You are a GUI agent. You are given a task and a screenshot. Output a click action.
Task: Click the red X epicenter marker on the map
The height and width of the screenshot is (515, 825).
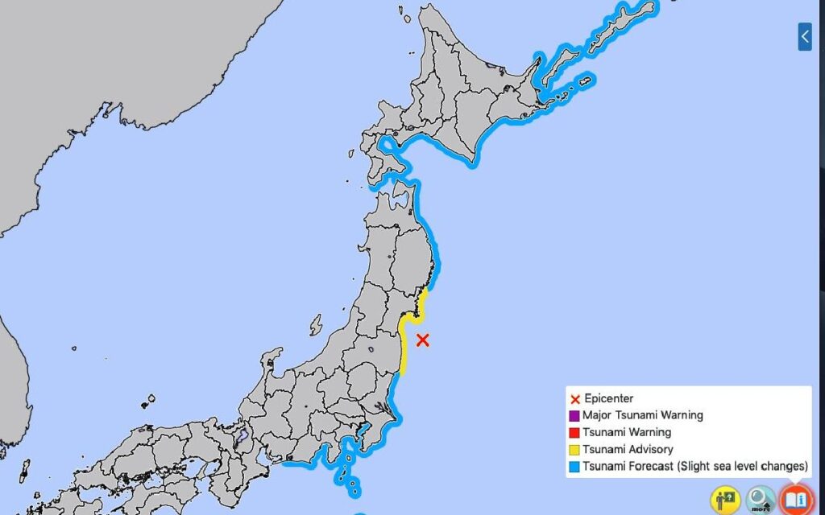tap(422, 340)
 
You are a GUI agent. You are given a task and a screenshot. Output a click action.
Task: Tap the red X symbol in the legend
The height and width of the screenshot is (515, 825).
tap(575, 399)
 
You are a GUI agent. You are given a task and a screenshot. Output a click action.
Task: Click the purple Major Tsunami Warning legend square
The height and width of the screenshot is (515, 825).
tap(575, 416)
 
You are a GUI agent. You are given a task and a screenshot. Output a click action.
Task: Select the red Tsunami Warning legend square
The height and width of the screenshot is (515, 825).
tap(575, 433)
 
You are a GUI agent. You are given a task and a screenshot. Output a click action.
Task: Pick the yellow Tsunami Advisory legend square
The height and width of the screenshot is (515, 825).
tap(575, 450)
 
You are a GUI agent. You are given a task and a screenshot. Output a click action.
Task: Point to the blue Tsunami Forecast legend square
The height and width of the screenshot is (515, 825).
tap(575, 467)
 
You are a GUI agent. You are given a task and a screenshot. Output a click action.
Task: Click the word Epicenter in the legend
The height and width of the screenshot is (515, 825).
tap(609, 398)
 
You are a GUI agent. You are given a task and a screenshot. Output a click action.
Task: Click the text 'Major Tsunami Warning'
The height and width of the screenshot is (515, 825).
tap(642, 415)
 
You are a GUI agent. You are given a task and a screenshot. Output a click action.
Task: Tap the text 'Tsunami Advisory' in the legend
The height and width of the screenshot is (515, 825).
tap(628, 449)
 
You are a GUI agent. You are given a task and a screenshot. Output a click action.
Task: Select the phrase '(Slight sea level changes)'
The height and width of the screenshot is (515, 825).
tap(744, 466)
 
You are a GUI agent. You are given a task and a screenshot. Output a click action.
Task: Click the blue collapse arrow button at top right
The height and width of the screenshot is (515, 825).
tap(805, 36)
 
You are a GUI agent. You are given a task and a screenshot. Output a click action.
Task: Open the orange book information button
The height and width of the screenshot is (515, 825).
tap(796, 500)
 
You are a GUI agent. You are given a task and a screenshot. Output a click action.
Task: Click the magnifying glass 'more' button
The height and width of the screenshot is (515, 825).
tap(760, 500)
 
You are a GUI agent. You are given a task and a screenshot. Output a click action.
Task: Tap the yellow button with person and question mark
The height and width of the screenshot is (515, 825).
tap(725, 500)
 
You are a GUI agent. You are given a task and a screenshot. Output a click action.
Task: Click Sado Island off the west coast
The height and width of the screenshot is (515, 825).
tap(315, 325)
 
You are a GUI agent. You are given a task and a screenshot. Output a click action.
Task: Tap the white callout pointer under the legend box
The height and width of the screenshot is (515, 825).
tap(796, 481)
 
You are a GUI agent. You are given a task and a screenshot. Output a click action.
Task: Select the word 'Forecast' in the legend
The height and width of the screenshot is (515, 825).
tap(652, 466)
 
